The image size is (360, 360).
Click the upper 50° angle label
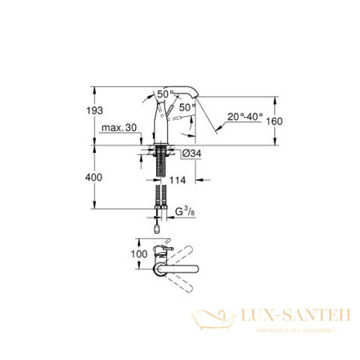pyautogui.click(x=166, y=94)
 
